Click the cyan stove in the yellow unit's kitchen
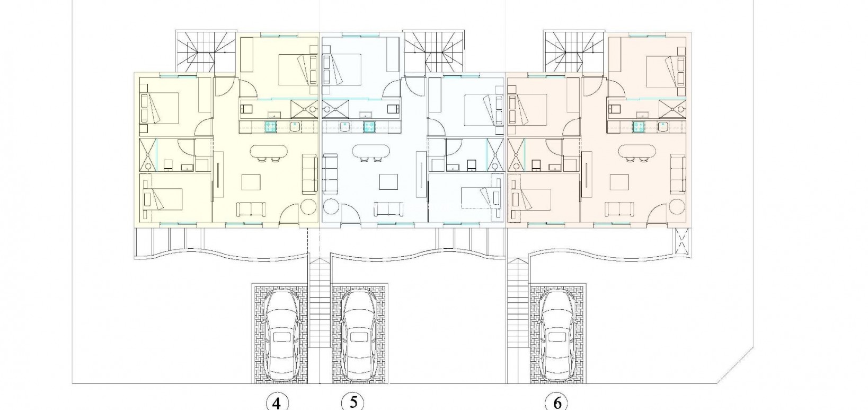271,126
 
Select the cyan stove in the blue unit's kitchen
369,126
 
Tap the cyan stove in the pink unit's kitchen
640,126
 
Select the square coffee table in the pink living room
619,182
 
